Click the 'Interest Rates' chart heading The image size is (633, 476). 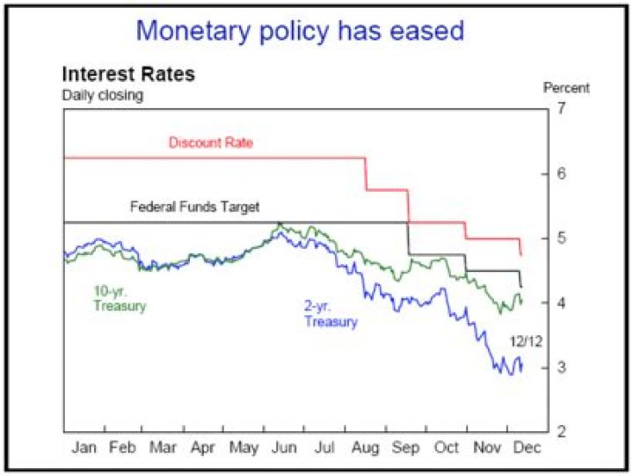click(x=127, y=74)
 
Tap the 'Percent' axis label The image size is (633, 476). click(x=566, y=88)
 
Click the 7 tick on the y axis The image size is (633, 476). click(x=562, y=109)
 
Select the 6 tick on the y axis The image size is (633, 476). click(x=562, y=173)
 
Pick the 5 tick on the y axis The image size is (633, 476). click(x=562, y=238)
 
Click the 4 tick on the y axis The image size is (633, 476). click(x=562, y=303)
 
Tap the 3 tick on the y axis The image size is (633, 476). click(x=562, y=367)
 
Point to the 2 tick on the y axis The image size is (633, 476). click(x=562, y=431)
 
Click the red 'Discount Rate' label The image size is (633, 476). click(x=210, y=143)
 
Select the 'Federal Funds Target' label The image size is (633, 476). click(x=194, y=209)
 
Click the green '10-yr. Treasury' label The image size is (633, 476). click(x=120, y=299)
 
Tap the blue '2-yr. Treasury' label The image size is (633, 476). click(x=331, y=314)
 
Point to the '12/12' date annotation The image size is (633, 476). click(x=524, y=341)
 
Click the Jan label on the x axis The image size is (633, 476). click(x=84, y=447)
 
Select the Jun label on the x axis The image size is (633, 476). click(x=284, y=447)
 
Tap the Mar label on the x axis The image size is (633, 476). click(x=163, y=447)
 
